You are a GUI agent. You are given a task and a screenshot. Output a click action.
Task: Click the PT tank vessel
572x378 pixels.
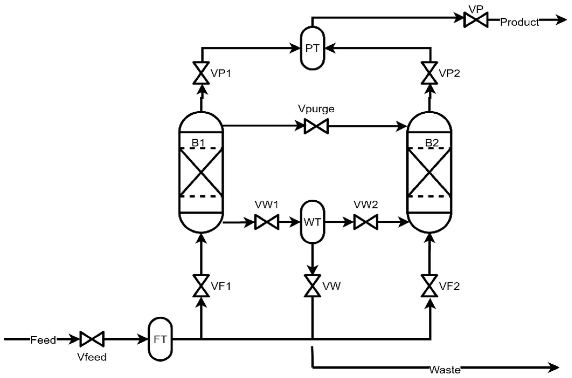point(312,48)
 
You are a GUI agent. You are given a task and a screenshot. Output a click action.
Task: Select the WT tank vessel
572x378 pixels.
point(312,222)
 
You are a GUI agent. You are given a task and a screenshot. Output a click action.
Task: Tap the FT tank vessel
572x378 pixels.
point(160,339)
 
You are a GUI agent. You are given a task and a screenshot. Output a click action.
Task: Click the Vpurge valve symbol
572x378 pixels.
point(316,126)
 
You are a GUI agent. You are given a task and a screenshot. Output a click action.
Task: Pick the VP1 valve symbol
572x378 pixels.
point(201,73)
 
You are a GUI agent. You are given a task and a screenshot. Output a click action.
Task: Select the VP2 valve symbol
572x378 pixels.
point(429,73)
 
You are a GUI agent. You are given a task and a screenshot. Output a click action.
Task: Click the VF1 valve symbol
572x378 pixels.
point(201,286)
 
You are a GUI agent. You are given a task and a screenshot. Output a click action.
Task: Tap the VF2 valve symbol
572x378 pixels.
point(429,286)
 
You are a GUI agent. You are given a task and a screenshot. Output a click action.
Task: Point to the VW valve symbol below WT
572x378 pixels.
point(312,286)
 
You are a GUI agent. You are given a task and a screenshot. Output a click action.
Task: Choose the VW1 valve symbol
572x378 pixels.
point(267,222)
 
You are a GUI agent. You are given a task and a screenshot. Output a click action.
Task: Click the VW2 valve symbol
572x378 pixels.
point(366,222)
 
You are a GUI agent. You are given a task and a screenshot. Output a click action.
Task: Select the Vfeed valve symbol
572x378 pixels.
point(92,339)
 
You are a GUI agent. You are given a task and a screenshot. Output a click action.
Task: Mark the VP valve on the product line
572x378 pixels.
point(476,20)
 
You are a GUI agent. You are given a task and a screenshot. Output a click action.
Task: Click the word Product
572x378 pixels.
point(519,22)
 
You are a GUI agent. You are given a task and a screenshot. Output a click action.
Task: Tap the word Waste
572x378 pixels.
point(445,370)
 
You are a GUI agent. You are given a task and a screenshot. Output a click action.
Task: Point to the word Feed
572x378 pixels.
point(43,340)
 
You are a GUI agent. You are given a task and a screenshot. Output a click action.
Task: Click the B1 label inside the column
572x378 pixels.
point(198,143)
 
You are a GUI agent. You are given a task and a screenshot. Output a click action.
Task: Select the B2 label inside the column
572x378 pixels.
point(432,143)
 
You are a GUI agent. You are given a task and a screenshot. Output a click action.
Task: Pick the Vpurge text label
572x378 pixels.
point(316,109)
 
